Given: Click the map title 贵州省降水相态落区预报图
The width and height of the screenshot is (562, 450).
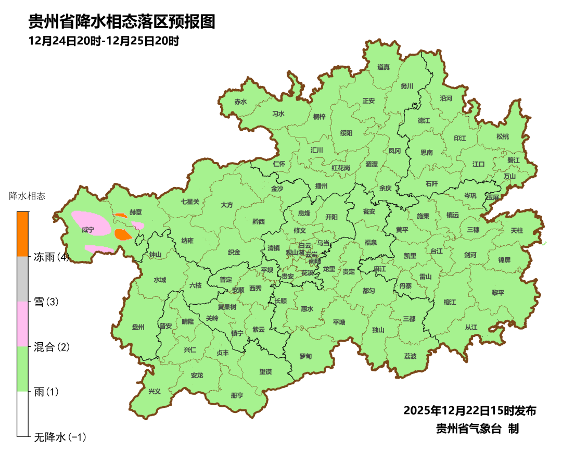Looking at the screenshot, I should pos(122,21).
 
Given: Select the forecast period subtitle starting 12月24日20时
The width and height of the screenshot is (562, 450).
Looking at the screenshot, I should pos(104,41).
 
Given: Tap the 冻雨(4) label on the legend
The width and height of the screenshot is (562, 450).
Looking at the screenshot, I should pos(51,257).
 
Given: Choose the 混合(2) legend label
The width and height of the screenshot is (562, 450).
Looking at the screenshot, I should pos(51,347).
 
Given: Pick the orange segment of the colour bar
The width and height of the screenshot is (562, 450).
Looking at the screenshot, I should pos(22,234).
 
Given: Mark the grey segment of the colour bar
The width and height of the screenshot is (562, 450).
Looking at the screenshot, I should pos(22,279).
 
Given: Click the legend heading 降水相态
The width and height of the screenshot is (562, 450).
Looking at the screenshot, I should pos(28,196).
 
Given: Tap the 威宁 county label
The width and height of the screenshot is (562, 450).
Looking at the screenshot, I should pos(88,229).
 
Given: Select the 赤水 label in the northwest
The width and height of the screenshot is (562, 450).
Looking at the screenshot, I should pos(240,102).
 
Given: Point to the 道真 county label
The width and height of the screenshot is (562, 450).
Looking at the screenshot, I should pos(384,67).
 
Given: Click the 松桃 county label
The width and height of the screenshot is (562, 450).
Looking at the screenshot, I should pos(502,137).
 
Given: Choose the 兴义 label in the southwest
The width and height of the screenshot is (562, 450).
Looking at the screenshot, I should pos(155,391).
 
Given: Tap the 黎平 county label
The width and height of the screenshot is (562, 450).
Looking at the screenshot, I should pos(498,292).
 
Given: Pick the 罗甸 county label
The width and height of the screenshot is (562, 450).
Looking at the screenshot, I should pos(305,356).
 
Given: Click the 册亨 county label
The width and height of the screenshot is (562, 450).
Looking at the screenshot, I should pos(237,395).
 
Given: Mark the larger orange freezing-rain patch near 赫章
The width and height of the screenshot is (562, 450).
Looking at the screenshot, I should pos(124,235).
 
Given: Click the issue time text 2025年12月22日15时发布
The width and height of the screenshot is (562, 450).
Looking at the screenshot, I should pos(470,410).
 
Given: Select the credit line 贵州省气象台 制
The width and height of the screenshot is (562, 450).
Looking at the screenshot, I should pos(477,429).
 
